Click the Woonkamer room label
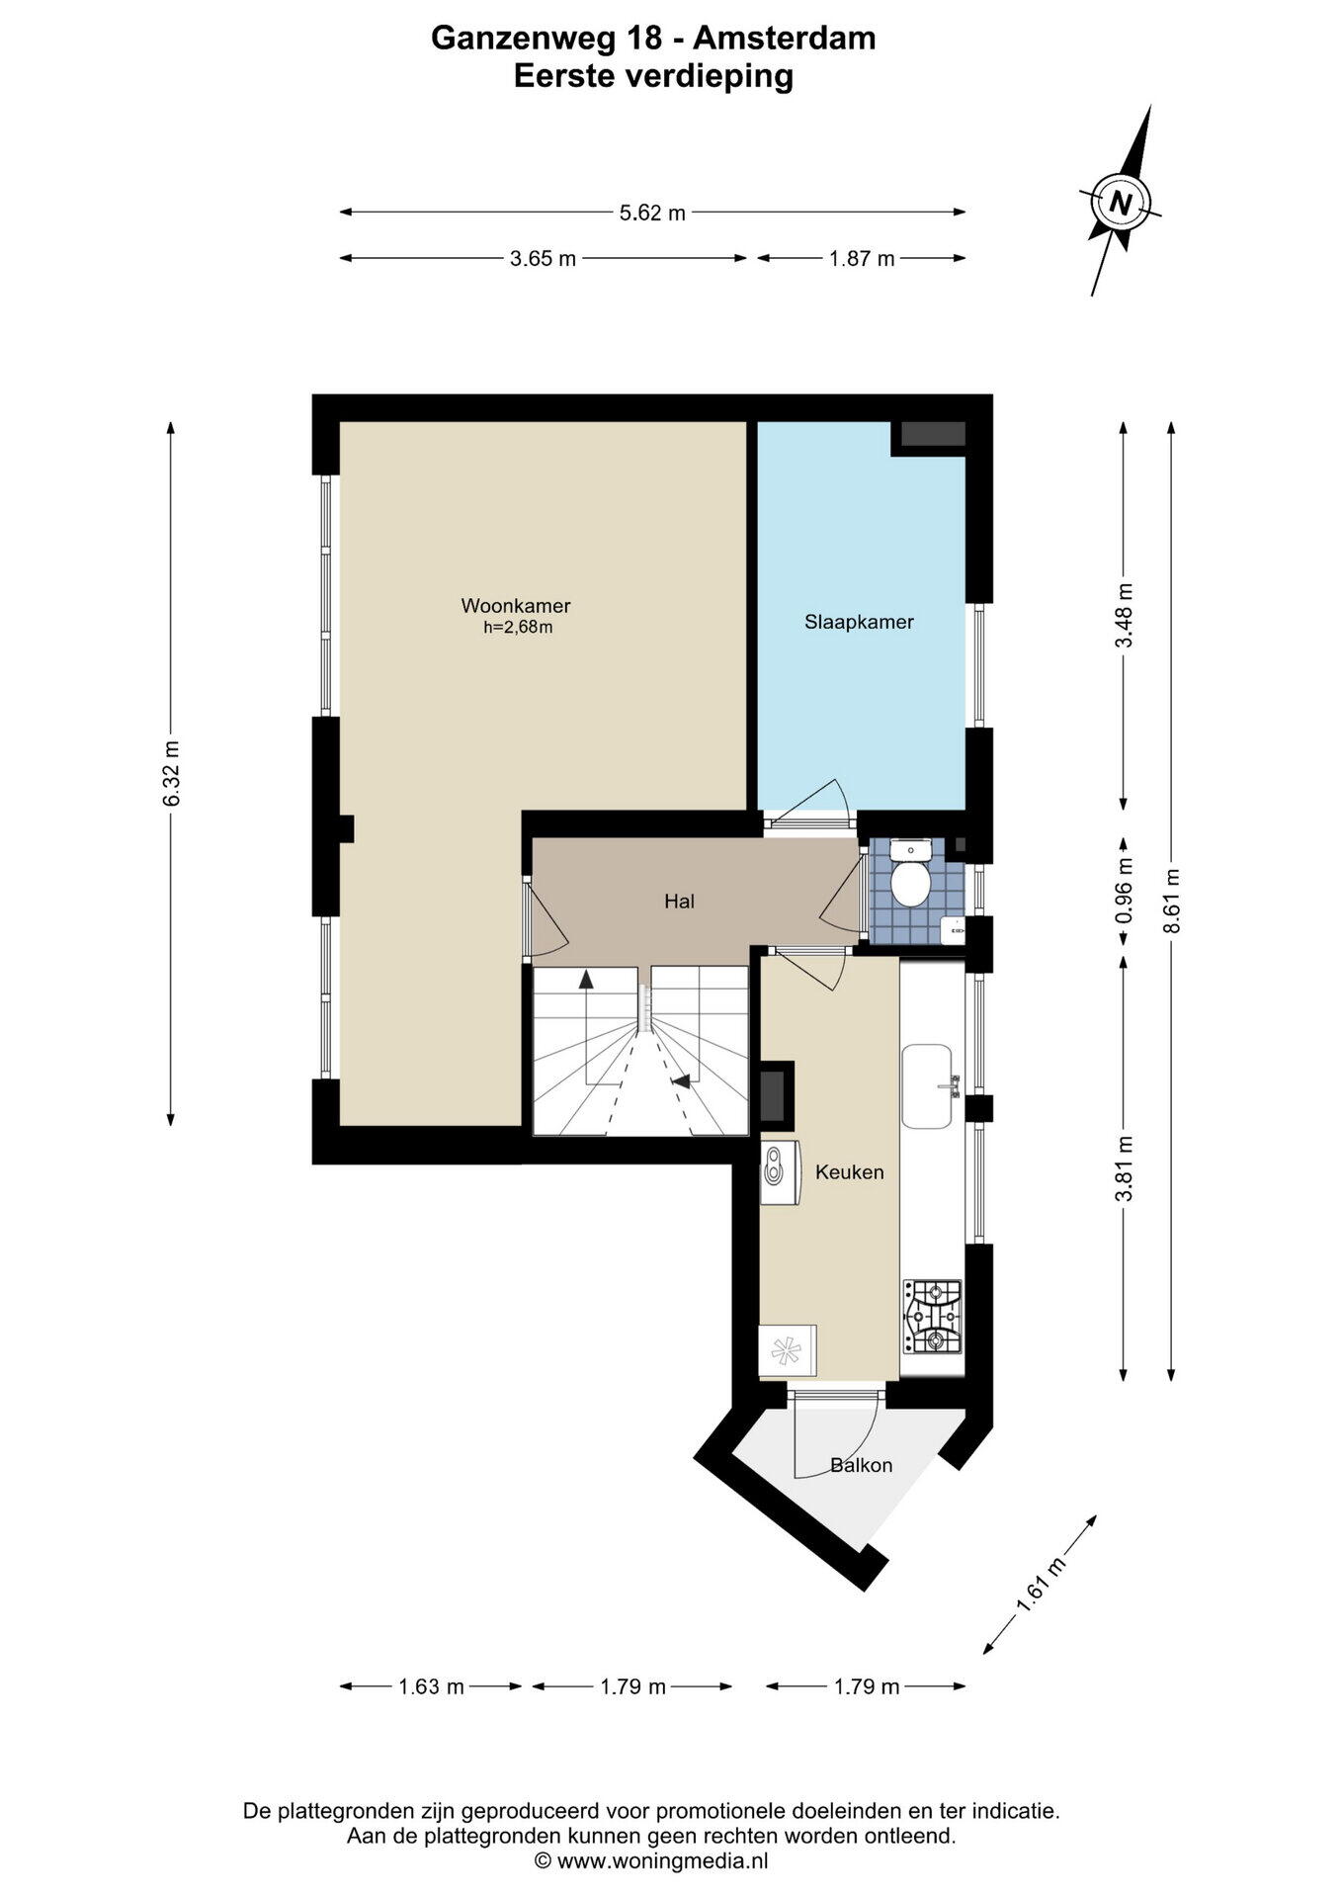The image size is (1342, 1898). tap(516, 606)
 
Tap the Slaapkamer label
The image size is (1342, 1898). tap(859, 622)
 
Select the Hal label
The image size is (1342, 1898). tap(679, 901)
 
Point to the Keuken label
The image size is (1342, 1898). tap(849, 1171)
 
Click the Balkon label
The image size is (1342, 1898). tap(861, 1465)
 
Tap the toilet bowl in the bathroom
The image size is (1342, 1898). tap(908, 884)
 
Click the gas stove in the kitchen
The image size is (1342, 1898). tap(932, 1317)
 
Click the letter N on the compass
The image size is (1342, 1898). tap(1121, 203)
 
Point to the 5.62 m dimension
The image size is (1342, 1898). tap(652, 212)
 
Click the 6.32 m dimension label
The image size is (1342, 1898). tap(171, 773)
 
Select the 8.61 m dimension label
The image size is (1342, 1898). tap(1171, 901)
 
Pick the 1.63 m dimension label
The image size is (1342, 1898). tap(431, 1686)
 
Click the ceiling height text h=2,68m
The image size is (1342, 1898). tap(518, 627)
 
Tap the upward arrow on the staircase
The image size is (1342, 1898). tap(586, 980)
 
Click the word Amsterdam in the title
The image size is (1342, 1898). tap(784, 38)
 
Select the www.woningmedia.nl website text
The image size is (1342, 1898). tap(662, 1860)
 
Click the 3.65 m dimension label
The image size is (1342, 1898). tap(543, 258)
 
